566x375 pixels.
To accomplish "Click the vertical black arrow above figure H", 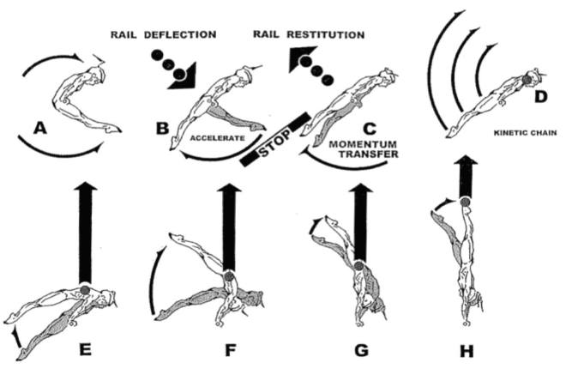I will [x=465, y=175].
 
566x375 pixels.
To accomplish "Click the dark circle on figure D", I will [x=526, y=82].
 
